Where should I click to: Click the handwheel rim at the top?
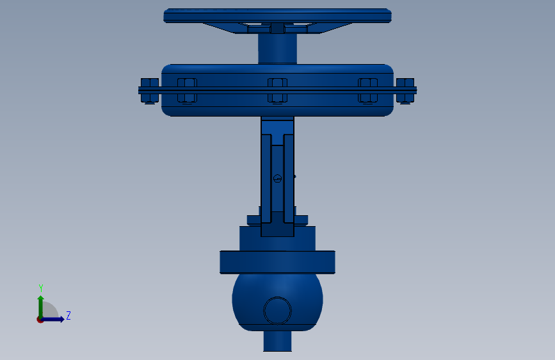[x=278, y=16]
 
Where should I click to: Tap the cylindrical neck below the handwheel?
[x=278, y=49]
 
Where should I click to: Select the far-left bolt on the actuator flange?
[x=149, y=91]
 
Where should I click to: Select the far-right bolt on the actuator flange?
[x=405, y=91]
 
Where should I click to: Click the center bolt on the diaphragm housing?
[x=278, y=91]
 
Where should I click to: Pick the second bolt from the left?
[x=187, y=91]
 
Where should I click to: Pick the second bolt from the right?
[x=367, y=91]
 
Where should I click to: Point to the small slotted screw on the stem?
[x=278, y=178]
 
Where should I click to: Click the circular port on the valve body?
[x=278, y=311]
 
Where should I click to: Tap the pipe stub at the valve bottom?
[x=278, y=341]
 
